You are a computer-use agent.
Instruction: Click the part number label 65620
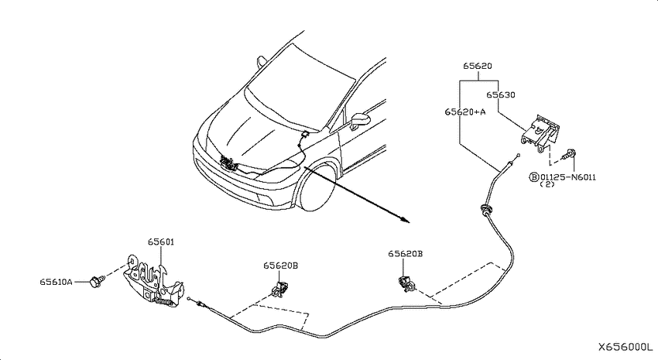[x=478, y=66]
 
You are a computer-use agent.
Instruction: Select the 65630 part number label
[x=501, y=94]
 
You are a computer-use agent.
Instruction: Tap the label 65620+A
[x=465, y=112]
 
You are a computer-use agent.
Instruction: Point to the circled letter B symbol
[x=534, y=177]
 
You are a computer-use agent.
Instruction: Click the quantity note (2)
[x=547, y=184]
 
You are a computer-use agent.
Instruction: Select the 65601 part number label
[x=161, y=242]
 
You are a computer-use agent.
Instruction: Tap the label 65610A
[x=56, y=282]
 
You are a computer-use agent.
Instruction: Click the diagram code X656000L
[x=625, y=348]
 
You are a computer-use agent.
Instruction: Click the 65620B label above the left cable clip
[x=281, y=266]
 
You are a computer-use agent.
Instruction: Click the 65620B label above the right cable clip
[x=405, y=254]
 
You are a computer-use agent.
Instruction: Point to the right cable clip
[x=406, y=284]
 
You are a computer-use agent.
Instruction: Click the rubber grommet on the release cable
[x=485, y=209]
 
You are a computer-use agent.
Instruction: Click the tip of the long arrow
[x=410, y=223]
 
